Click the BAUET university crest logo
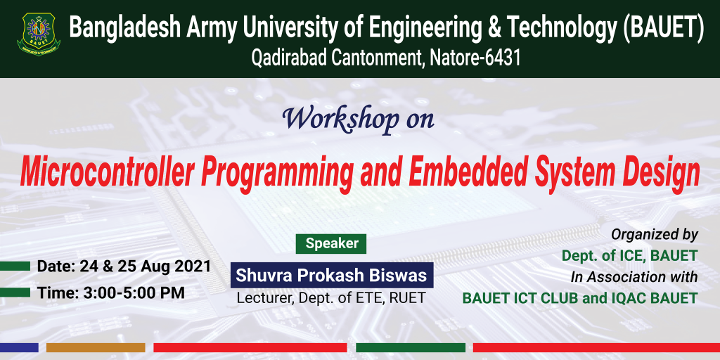(x=39, y=34)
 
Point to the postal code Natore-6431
(x=475, y=59)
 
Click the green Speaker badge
(x=331, y=244)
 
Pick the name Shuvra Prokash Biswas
(x=332, y=276)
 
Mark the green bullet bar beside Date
(x=15, y=266)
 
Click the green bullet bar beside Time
(x=15, y=292)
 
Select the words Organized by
(x=655, y=235)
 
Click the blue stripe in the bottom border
(x=19, y=347)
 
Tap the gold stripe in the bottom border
(x=96, y=347)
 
